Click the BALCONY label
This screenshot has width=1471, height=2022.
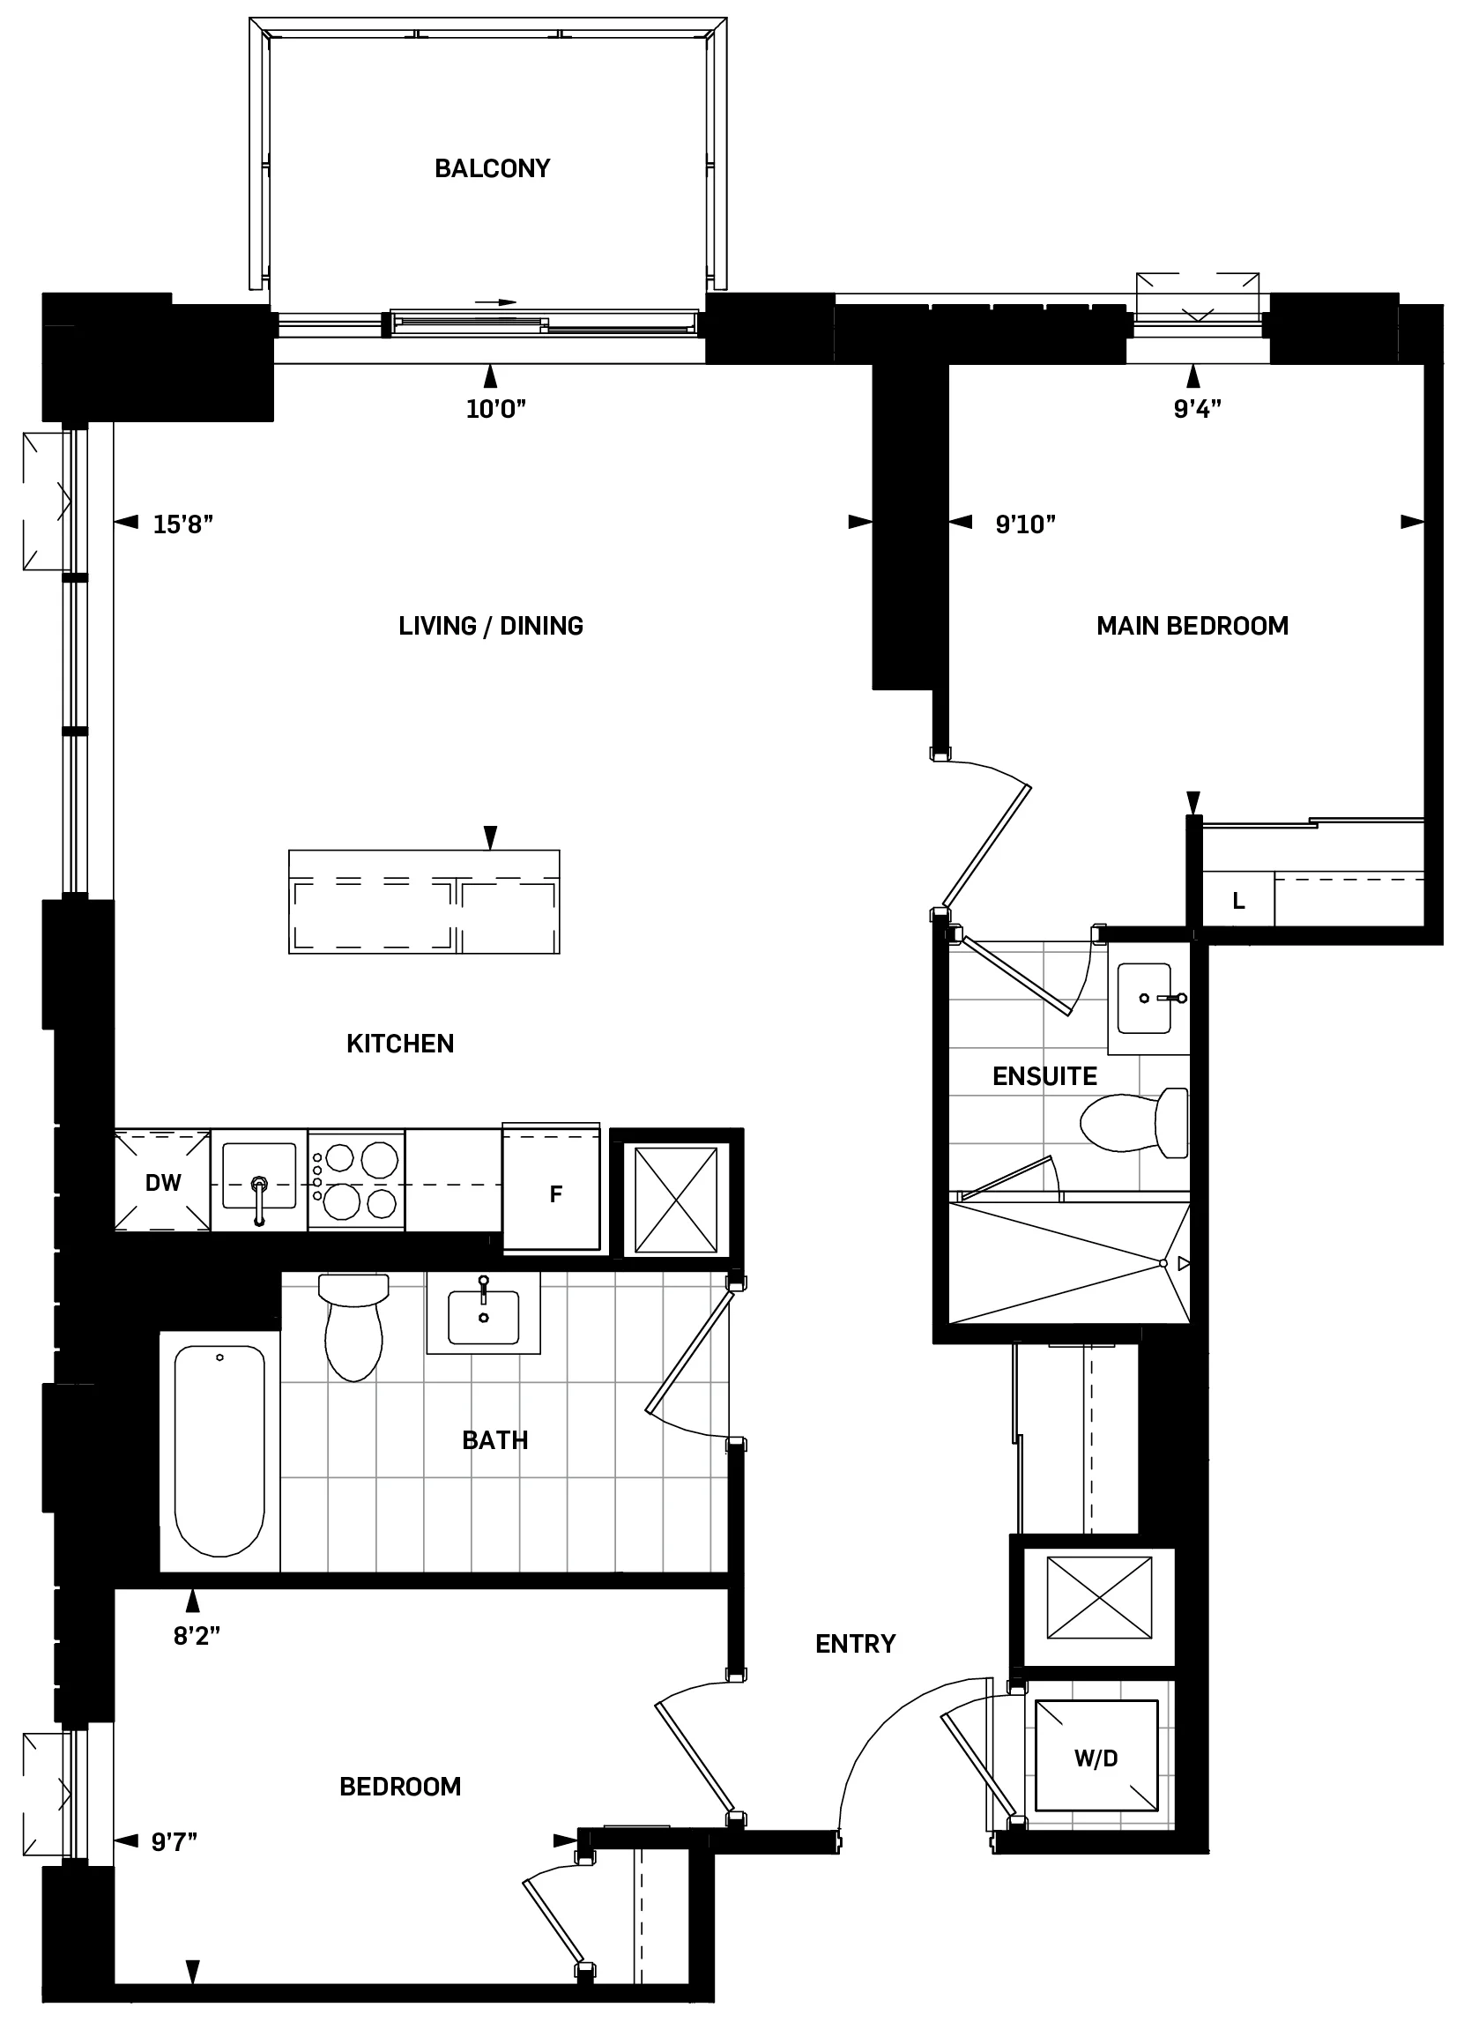(491, 168)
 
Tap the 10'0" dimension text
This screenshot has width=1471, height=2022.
(495, 409)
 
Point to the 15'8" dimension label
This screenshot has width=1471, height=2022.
(182, 524)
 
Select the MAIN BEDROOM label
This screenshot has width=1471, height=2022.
(1192, 626)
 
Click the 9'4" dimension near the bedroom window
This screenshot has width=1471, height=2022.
(1196, 409)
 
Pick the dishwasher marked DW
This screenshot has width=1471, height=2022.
(162, 1182)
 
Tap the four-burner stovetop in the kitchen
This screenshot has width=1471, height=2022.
(357, 1181)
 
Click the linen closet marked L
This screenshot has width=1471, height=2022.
(1238, 902)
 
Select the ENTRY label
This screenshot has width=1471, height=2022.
(855, 1643)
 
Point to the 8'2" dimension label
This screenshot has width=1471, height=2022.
(197, 1636)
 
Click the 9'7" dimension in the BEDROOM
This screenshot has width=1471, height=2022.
(174, 1841)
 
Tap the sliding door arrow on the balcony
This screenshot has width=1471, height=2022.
(495, 302)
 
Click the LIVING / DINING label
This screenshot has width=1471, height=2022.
(490, 626)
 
